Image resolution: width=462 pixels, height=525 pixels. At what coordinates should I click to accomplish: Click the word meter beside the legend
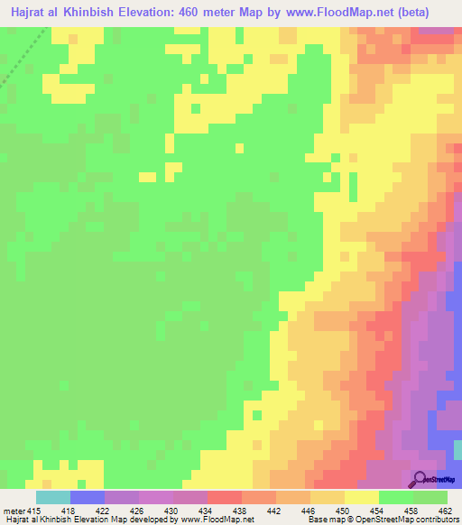coord(15,511)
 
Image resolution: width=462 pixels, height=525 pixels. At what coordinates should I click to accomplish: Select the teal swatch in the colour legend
coord(53,497)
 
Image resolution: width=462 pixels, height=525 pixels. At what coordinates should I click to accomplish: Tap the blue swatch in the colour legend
coord(88,497)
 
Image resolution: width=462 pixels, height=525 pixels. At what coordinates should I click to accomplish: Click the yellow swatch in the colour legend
coord(362,497)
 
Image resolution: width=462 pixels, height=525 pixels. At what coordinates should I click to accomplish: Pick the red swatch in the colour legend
coord(225,497)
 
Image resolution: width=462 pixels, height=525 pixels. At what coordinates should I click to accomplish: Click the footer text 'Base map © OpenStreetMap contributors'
coord(382,520)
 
